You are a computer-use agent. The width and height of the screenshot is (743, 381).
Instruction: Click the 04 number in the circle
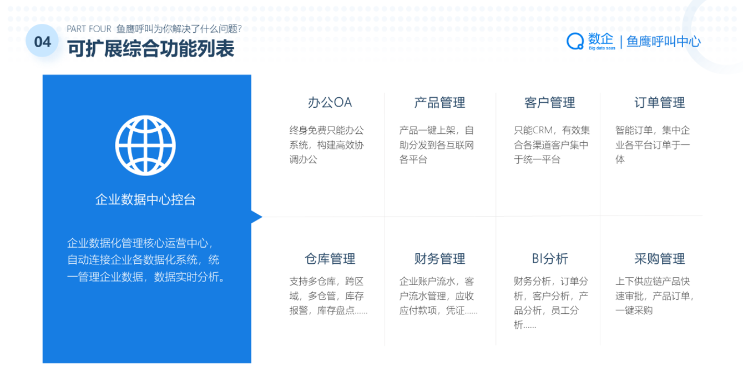point(43,42)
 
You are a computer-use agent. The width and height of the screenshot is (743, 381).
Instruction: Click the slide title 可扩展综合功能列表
point(151,48)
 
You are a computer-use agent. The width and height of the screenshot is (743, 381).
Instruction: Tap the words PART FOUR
point(89,29)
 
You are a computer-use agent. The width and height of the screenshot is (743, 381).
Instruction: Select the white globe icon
point(145,146)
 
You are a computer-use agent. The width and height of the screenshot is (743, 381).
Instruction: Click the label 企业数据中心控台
point(145,200)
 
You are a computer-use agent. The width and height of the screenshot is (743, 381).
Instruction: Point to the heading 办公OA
point(330,103)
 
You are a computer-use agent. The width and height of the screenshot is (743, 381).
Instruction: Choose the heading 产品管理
point(439,103)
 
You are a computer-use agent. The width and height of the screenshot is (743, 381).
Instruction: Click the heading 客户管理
point(550,103)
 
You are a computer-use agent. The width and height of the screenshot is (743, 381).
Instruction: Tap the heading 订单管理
point(659,103)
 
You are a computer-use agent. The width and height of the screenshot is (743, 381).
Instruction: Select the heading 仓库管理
point(330,259)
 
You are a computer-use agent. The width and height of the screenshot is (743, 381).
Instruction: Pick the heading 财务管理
point(439,259)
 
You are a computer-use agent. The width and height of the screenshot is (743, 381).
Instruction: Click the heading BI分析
point(550,259)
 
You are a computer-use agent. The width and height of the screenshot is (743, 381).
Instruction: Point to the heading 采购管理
point(659,259)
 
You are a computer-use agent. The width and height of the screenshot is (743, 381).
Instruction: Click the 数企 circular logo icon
point(575,42)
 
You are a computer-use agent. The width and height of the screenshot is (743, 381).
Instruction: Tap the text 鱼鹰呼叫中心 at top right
point(664,42)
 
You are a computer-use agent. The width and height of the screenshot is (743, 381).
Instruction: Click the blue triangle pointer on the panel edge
point(257,217)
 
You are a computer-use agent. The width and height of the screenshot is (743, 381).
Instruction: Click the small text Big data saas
point(602,48)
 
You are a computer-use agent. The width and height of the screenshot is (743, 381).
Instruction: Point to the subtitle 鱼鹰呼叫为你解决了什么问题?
point(179,29)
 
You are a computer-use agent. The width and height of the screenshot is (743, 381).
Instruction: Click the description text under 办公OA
point(326,145)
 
